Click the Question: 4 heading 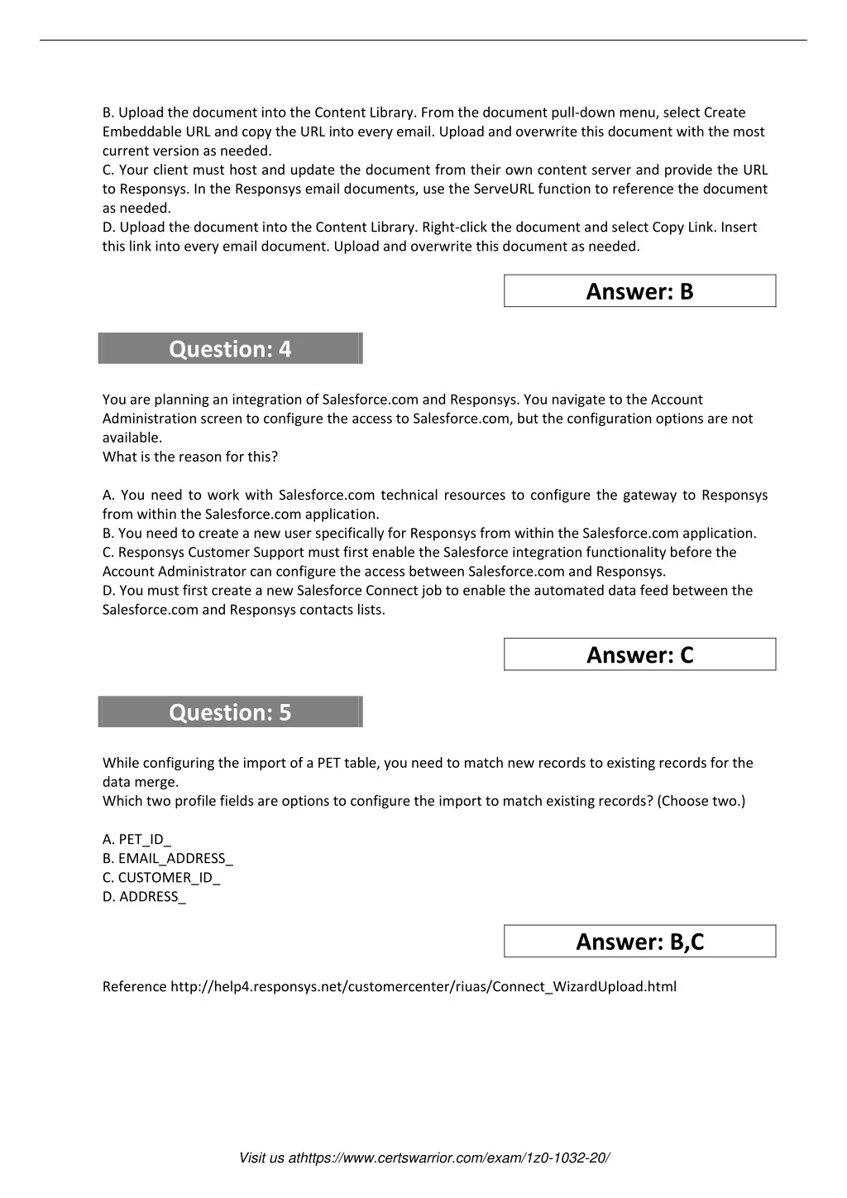(x=230, y=349)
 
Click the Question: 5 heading (x=230, y=712)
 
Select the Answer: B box (x=639, y=291)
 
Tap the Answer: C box (x=639, y=654)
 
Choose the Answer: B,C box (x=639, y=942)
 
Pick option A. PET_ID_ (x=136, y=840)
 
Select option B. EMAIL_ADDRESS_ (x=168, y=859)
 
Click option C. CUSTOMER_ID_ (x=161, y=878)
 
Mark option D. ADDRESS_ (x=144, y=897)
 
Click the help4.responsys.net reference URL (x=423, y=986)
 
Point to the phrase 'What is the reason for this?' (x=190, y=457)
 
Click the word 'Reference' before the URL (x=134, y=986)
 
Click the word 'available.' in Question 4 (x=132, y=438)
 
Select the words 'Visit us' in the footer (x=261, y=1158)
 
